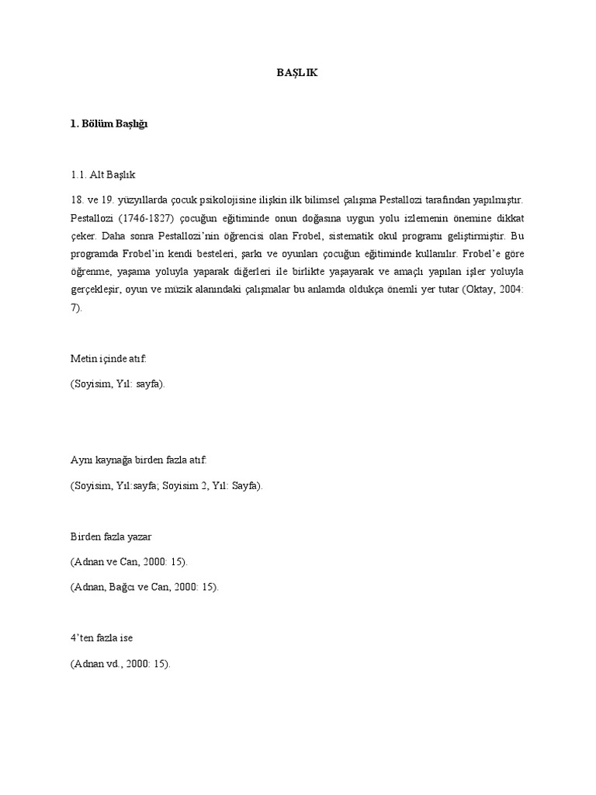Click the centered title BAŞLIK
click(297, 73)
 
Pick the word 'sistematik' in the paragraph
click(366, 236)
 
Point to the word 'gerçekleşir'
click(95, 290)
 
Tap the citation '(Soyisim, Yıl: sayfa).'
click(118, 385)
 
